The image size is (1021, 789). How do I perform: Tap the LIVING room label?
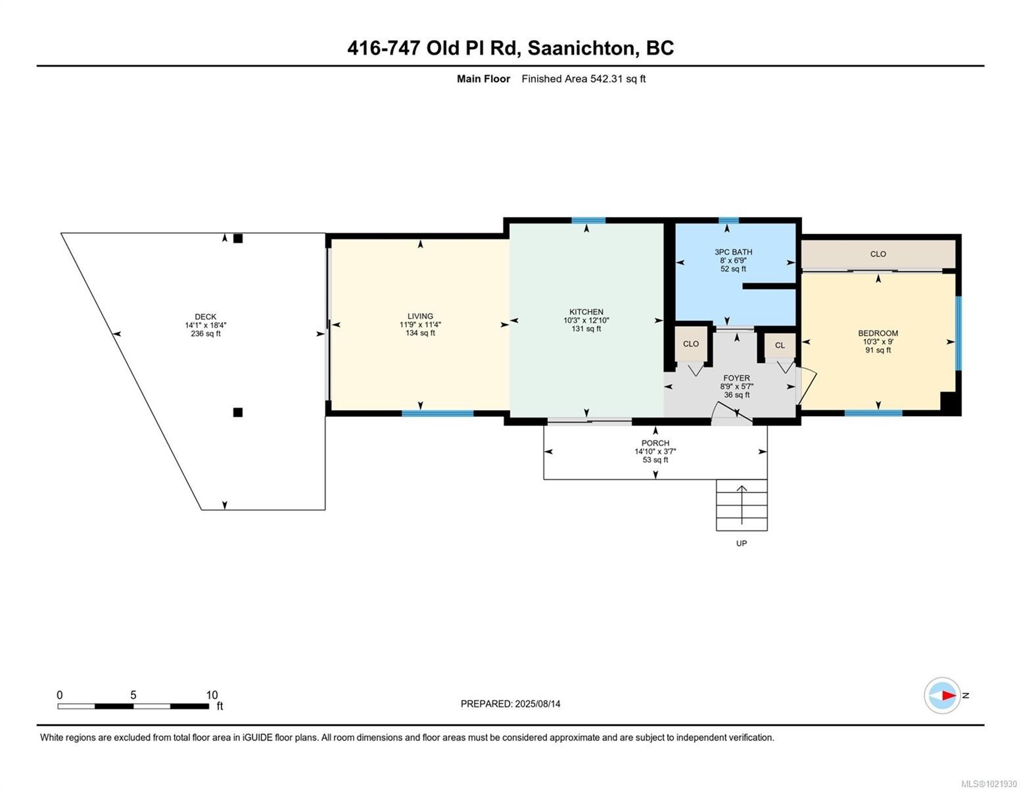420,316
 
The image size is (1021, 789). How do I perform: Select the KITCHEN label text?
586,312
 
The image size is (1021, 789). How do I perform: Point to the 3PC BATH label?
733,252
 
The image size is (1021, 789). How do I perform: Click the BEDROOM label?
878,333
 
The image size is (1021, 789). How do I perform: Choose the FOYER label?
736,378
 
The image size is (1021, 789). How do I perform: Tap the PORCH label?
655,443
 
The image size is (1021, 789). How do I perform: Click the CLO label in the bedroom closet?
878,254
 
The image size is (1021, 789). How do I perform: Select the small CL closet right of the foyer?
780,345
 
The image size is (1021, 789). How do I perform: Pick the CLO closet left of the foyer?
690,344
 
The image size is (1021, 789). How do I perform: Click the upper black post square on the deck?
238,239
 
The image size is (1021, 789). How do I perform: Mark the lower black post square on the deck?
238,412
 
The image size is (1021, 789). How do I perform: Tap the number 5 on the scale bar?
133,695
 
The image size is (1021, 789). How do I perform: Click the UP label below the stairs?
742,543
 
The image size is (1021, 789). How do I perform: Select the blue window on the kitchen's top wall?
588,220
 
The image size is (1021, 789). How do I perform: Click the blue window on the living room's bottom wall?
437,414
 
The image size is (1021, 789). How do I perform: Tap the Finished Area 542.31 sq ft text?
583,79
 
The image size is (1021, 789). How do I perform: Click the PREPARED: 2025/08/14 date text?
510,704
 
